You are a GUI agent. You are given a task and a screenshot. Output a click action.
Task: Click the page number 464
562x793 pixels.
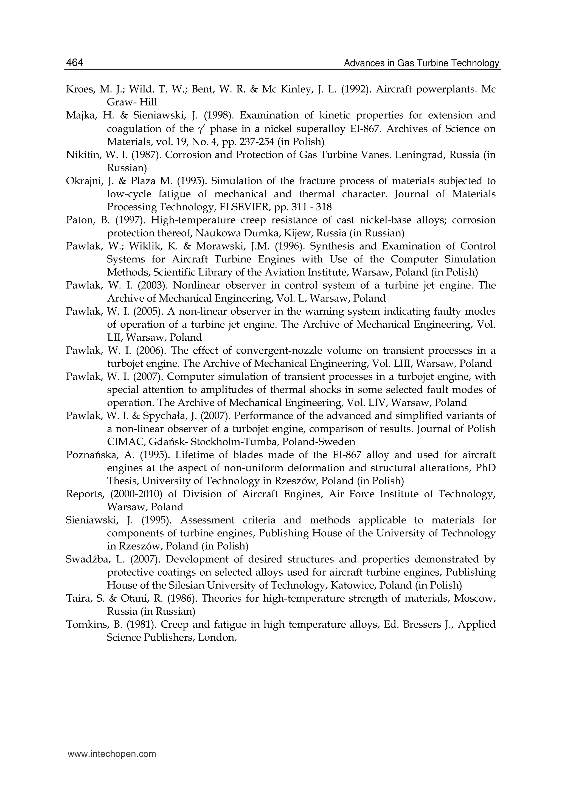[74, 63]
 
